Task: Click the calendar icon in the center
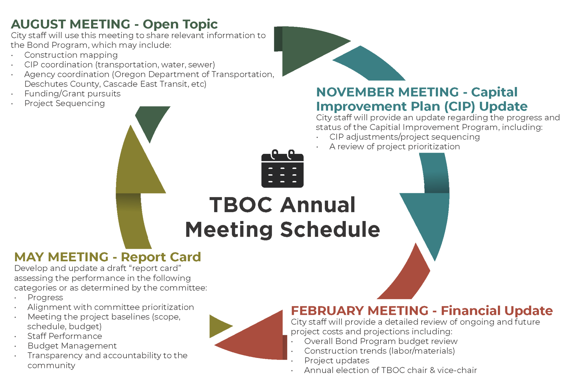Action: [282, 169]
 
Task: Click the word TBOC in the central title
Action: [241, 205]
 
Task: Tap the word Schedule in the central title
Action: [330, 230]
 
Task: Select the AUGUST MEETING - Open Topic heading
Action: [114, 24]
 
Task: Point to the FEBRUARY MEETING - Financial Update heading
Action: [422, 311]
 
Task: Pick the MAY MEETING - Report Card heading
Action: [107, 257]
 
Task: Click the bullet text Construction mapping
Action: [71, 55]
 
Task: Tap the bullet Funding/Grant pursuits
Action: [72, 94]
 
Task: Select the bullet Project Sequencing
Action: [64, 104]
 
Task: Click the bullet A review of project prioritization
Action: [394, 147]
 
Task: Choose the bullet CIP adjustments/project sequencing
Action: [404, 137]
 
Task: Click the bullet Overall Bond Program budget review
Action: [381, 341]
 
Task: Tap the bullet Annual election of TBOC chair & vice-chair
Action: [390, 370]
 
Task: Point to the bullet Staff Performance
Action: [65, 336]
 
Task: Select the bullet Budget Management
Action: [72, 346]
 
